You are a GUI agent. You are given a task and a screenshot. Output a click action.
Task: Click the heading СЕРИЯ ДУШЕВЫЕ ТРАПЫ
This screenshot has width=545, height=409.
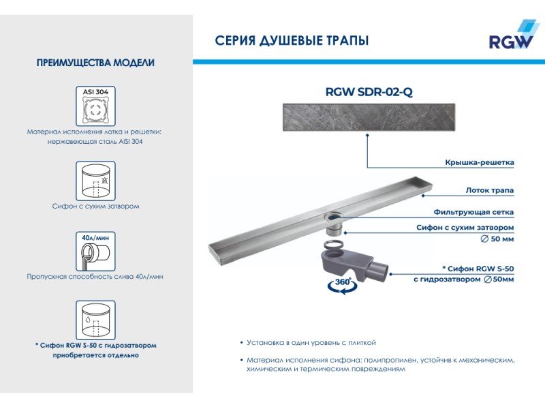click(292, 41)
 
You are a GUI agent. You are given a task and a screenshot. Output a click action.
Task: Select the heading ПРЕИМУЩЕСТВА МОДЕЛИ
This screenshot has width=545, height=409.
click(95, 63)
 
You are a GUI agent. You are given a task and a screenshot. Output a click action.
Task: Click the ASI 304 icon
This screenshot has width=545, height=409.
click(95, 106)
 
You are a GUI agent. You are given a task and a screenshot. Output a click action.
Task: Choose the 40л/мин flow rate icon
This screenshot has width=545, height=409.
click(95, 252)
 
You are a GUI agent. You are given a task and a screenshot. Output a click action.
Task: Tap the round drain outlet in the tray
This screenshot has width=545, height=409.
click(333, 217)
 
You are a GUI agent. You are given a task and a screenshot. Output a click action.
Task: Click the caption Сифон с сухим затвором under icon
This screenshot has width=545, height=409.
click(95, 206)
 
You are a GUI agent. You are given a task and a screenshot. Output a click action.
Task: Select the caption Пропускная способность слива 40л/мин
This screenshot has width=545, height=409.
click(95, 277)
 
